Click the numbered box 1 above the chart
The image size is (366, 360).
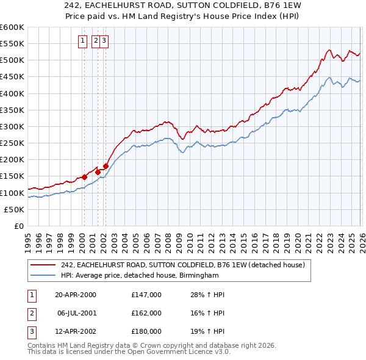(x=82, y=41)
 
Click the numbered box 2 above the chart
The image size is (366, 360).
(x=96, y=41)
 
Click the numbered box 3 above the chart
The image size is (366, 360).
(x=104, y=41)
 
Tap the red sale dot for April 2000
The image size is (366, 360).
(x=84, y=178)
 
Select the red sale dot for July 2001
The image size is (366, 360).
(x=98, y=172)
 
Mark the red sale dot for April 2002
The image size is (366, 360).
(x=106, y=166)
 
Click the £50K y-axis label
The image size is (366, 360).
(x=15, y=209)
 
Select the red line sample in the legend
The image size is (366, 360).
(x=43, y=265)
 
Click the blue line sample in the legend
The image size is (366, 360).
(x=43, y=275)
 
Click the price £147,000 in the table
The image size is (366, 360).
(x=146, y=295)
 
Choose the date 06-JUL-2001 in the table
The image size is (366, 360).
(x=76, y=313)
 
